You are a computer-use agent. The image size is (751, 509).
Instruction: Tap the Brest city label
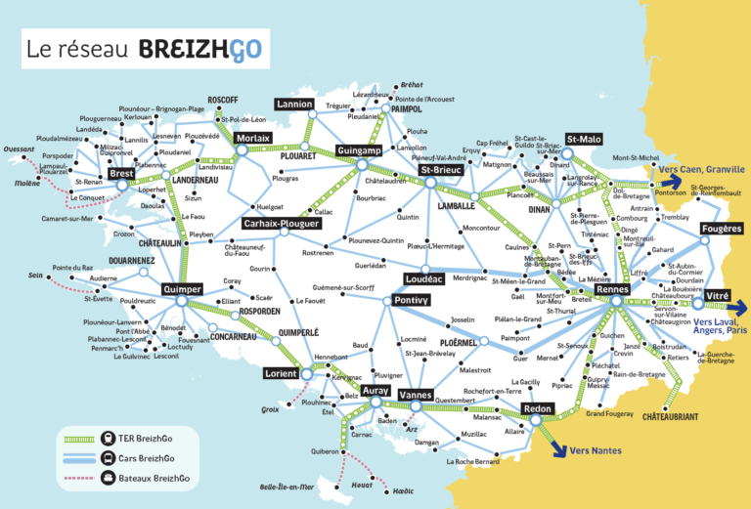click(122, 174)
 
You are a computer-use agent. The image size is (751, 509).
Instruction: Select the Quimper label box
click(182, 289)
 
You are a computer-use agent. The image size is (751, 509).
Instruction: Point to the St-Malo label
click(583, 140)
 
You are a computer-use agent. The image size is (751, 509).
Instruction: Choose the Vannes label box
click(420, 394)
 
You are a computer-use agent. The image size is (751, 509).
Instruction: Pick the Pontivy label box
click(411, 301)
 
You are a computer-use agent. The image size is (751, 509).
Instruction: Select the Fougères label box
click(722, 229)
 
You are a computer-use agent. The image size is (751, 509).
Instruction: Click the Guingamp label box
click(359, 151)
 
